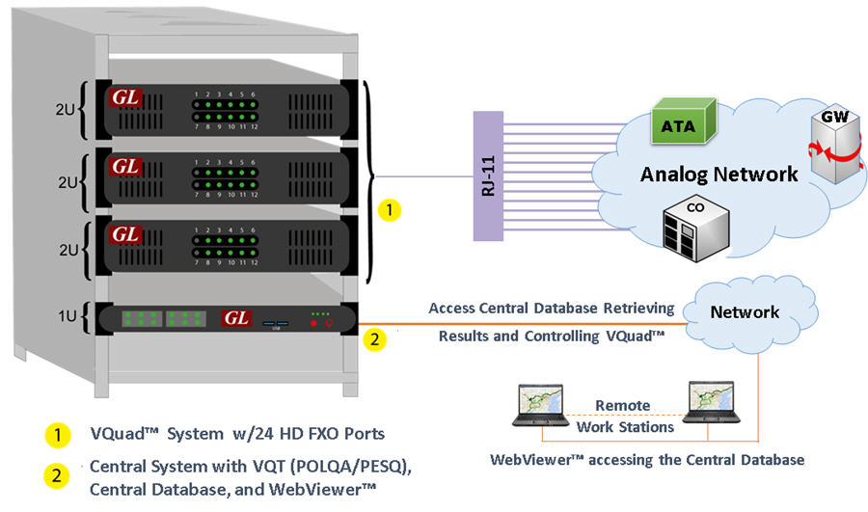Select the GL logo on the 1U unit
coord(235,317)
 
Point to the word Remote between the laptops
coord(621,405)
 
